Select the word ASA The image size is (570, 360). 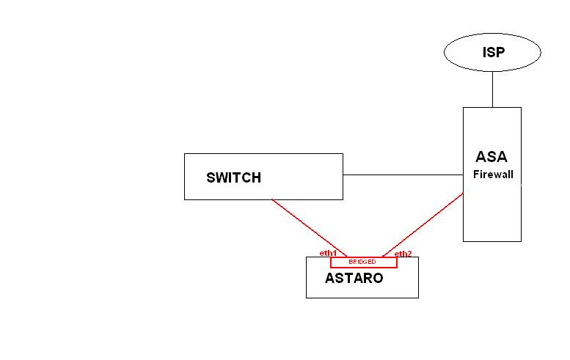(x=492, y=157)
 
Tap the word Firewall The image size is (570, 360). (x=492, y=175)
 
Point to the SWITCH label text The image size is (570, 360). (x=233, y=177)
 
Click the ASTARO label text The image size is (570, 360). (x=354, y=279)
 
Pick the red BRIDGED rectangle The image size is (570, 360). (x=363, y=262)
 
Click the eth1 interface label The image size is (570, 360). (x=327, y=253)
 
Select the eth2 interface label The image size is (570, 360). (x=403, y=254)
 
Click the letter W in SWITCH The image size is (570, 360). (x=223, y=177)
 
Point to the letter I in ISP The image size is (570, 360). (x=485, y=52)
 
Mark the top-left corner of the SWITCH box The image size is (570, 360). (x=184, y=154)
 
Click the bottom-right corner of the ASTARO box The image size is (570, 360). (x=418, y=298)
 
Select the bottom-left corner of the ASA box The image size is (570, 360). (x=463, y=241)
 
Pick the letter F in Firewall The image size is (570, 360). (x=476, y=175)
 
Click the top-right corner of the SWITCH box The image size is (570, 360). (x=343, y=154)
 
